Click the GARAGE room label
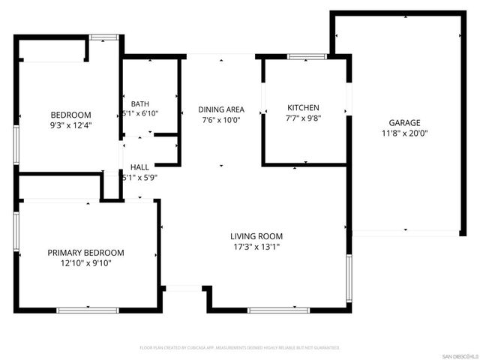point(403,123)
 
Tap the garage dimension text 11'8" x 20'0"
point(403,133)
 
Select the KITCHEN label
point(304,108)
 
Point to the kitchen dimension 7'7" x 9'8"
point(304,118)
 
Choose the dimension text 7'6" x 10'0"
point(220,119)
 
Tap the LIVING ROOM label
point(254,236)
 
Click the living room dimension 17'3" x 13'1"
point(254,247)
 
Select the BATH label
point(139,103)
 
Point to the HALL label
point(139,167)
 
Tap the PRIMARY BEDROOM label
point(86,253)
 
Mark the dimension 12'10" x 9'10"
point(86,263)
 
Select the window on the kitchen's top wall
point(306,56)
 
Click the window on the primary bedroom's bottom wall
point(88,310)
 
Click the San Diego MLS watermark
point(459,355)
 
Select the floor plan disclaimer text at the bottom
point(240,348)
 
